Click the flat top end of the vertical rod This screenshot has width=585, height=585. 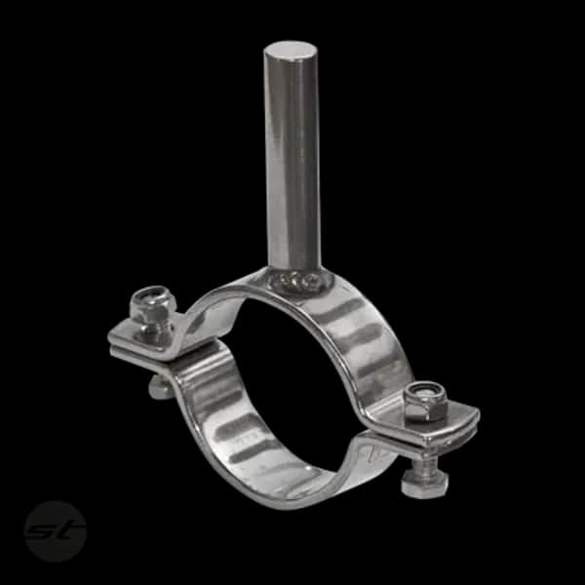point(292,51)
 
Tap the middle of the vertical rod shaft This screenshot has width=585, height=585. point(292,157)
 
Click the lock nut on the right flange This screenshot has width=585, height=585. point(425,400)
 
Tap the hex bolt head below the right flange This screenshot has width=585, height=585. point(424,486)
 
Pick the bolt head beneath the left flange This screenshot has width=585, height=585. point(158,387)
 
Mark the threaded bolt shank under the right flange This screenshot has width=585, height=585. point(424,461)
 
